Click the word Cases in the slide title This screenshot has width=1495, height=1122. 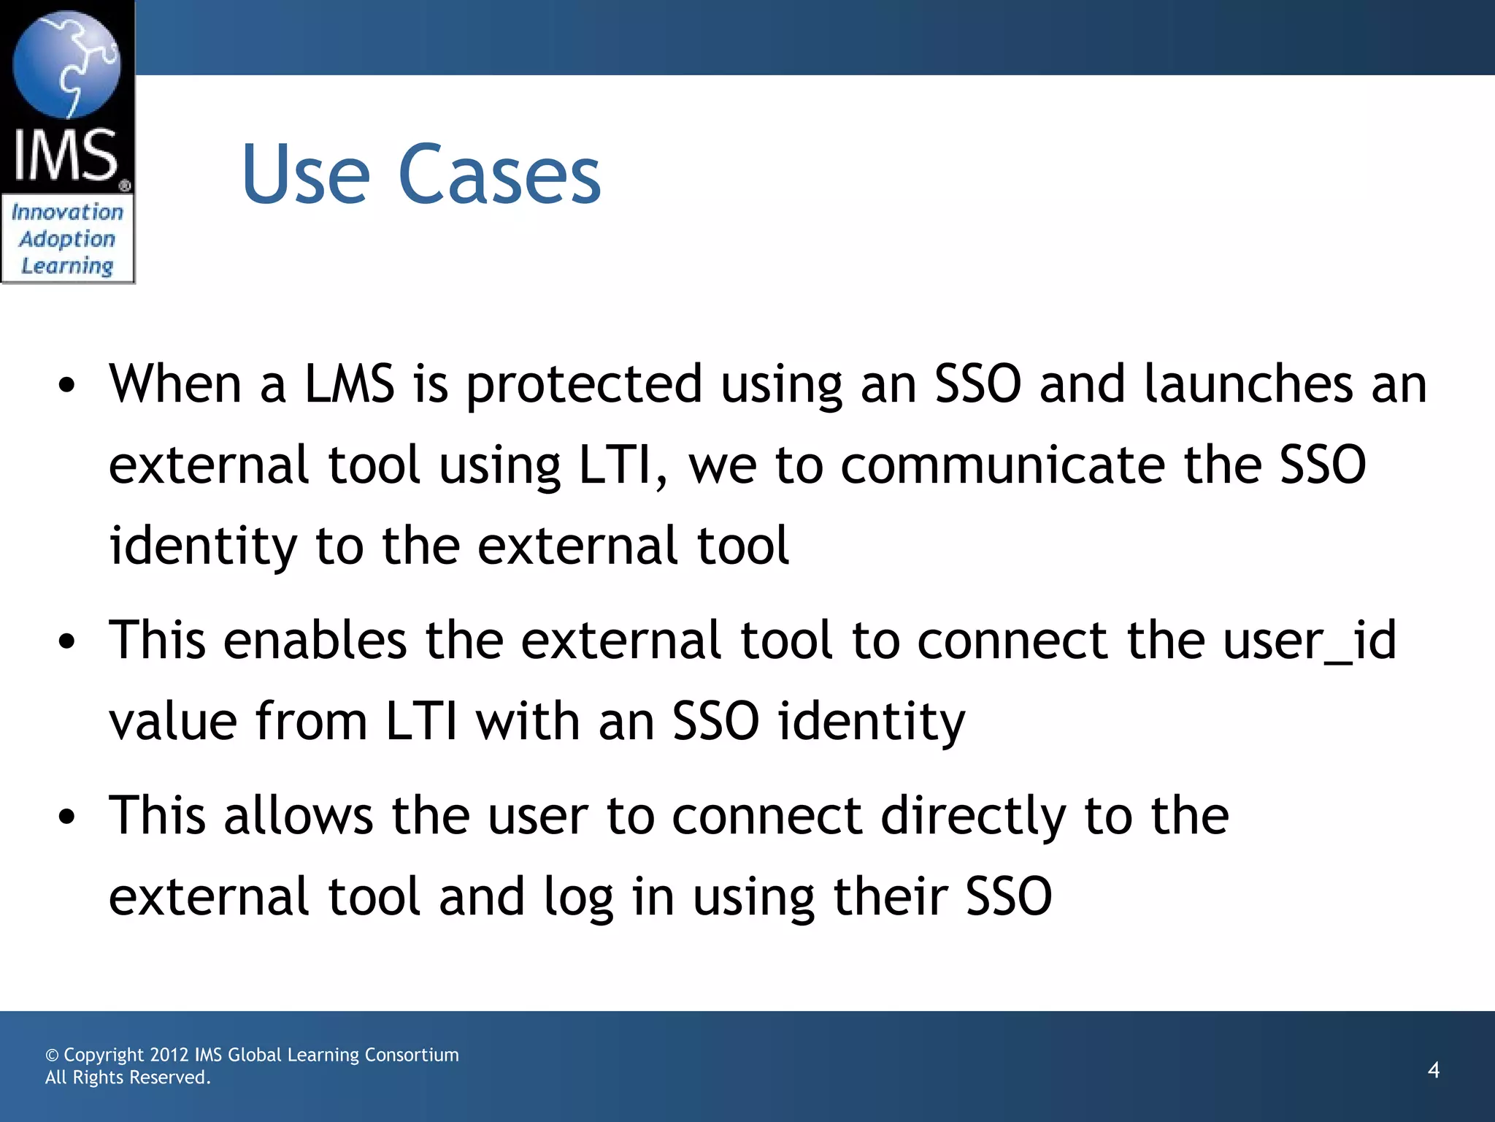tap(499, 175)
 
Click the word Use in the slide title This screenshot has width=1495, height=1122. tap(306, 175)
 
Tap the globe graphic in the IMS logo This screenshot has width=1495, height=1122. tap(66, 65)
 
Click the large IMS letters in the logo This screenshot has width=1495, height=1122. tap(66, 155)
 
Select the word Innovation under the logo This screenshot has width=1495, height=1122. tap(67, 213)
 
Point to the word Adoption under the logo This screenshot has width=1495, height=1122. tap(67, 239)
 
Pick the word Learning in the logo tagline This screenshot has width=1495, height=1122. tap(67, 266)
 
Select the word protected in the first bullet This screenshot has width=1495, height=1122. tap(584, 385)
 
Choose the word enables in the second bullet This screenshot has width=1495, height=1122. tap(315, 640)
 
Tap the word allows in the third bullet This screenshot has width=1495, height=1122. tap(299, 815)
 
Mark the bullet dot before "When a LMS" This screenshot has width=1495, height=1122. tap(67, 386)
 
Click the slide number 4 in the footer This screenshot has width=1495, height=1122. tap(1434, 1070)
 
